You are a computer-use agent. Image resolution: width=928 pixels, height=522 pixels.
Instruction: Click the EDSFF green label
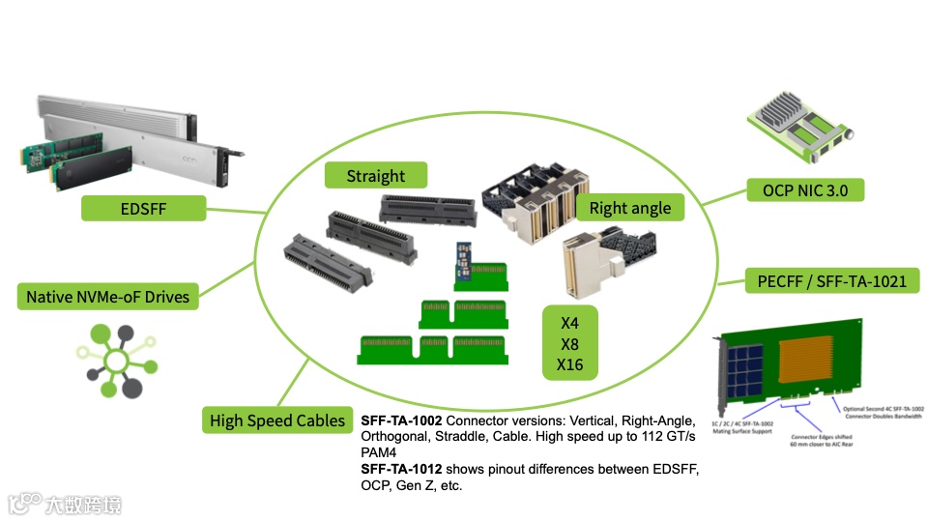143,208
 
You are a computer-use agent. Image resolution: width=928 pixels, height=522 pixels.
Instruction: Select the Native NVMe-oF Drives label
107,297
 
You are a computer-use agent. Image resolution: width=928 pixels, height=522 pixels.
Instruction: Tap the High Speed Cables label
277,420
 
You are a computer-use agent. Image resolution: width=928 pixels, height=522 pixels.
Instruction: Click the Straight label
376,176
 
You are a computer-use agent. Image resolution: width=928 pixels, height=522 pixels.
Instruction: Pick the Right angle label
629,208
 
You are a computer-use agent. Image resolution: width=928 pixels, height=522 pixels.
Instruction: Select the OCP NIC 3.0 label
805,190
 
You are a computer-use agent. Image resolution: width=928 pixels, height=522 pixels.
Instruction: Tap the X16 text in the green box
570,364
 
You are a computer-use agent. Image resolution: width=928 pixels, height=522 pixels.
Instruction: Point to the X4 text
570,322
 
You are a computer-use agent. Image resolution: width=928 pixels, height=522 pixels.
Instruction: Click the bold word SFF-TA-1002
401,420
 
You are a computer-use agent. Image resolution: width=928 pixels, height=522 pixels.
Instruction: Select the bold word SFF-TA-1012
401,469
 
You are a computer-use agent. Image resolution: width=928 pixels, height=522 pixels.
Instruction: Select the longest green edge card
432,348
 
